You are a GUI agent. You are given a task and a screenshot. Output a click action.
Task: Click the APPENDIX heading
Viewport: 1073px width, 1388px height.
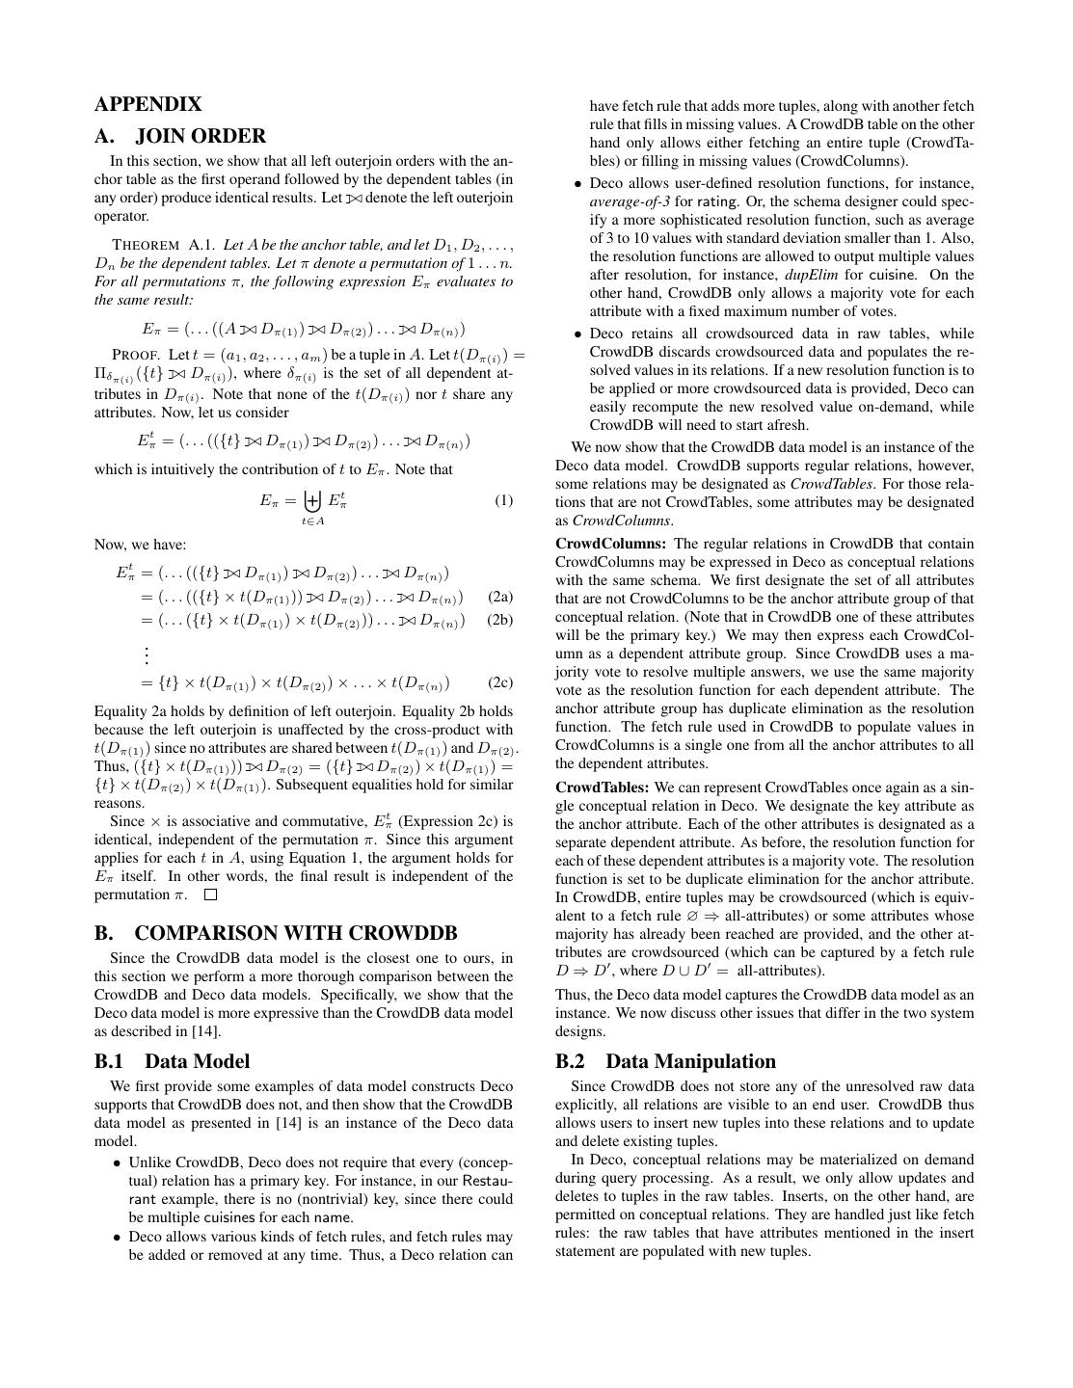coord(148,104)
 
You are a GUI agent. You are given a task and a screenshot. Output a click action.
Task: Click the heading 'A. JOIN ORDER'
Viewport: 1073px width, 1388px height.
coord(180,136)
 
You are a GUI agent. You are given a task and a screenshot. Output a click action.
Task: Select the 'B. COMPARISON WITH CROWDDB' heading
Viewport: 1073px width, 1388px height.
coord(276,933)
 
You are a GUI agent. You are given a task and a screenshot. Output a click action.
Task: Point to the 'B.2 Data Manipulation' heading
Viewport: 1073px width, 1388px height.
coord(665,1061)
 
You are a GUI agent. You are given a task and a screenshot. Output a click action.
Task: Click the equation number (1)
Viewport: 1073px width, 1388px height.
coord(503,500)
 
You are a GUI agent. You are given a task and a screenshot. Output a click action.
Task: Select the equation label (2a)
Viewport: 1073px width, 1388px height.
coord(500,597)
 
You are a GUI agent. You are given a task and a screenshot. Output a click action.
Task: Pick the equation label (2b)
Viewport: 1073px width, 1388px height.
coord(500,620)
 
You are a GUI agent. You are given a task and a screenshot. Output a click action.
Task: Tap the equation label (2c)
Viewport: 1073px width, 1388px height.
coord(500,682)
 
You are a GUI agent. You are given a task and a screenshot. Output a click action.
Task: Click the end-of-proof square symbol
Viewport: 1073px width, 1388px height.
coord(210,894)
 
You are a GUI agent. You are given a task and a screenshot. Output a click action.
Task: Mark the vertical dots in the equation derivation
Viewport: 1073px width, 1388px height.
coord(147,654)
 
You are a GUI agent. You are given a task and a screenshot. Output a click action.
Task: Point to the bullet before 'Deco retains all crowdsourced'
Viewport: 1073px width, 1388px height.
coord(577,334)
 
